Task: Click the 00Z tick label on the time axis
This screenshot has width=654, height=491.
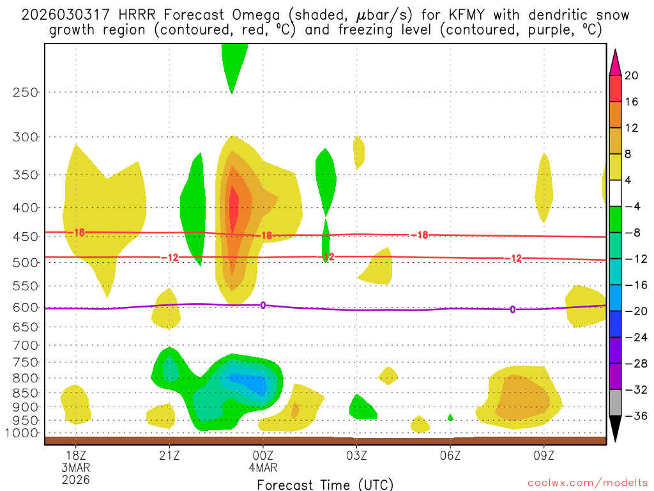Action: click(x=263, y=456)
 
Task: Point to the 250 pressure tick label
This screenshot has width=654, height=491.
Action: click(x=26, y=92)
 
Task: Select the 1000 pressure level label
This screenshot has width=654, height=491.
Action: click(x=23, y=433)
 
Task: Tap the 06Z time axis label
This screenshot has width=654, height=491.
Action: click(x=450, y=456)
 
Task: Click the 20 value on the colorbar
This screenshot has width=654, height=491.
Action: click(x=632, y=75)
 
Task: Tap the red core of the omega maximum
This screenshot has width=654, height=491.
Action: click(x=234, y=213)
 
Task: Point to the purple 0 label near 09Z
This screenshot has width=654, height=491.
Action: click(x=512, y=309)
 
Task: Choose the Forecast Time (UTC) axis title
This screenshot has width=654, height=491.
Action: click(x=325, y=484)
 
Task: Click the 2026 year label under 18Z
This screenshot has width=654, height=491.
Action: click(x=75, y=479)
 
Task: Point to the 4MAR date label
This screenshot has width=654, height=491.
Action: click(x=263, y=467)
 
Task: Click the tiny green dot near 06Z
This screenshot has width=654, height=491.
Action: click(x=450, y=417)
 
